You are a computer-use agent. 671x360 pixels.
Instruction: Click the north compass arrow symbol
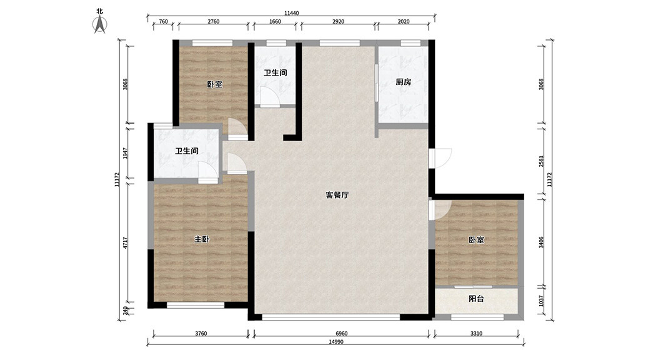tap(99, 23)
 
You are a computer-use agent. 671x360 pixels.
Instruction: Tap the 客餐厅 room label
tap(337, 195)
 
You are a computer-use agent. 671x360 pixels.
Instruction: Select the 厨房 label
tap(403, 82)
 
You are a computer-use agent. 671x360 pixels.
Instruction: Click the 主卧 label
tap(201, 239)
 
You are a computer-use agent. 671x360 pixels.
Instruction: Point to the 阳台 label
tap(476, 299)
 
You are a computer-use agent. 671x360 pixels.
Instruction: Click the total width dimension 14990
tap(336, 342)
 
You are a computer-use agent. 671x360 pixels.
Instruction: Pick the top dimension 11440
tap(291, 12)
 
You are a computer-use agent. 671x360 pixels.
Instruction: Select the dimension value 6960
tap(341, 334)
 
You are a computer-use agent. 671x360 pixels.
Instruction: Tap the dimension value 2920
tap(338, 22)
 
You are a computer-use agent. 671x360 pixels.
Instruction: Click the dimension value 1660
tap(275, 22)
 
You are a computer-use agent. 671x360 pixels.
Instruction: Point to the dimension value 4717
tap(126, 243)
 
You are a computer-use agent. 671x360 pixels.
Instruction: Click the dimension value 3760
tap(201, 334)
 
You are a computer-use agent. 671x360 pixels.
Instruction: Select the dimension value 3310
tap(476, 334)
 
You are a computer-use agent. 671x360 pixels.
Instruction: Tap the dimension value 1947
tap(126, 154)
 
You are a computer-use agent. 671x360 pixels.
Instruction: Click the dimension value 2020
tap(403, 22)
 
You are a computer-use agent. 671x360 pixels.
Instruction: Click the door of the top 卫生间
tap(270, 97)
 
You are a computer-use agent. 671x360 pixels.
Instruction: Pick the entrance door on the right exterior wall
tap(442, 157)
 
